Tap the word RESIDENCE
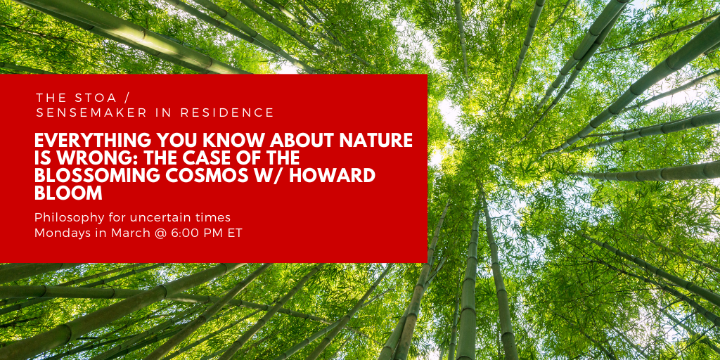point(227,112)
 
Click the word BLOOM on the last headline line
point(68,193)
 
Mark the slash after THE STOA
point(127,98)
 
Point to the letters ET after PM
point(234,233)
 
